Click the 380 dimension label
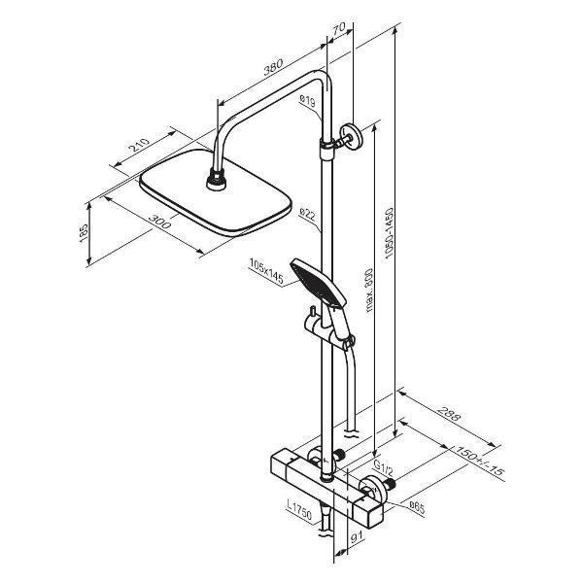[x=273, y=67]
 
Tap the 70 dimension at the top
[x=339, y=28]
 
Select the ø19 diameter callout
[x=307, y=100]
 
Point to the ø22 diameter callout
[x=307, y=215]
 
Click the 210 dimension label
[x=139, y=145]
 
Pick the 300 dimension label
[x=160, y=222]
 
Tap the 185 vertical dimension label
[x=84, y=233]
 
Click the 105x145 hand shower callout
[x=266, y=271]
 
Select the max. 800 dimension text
[x=369, y=290]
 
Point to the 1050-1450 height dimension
[x=389, y=233]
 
